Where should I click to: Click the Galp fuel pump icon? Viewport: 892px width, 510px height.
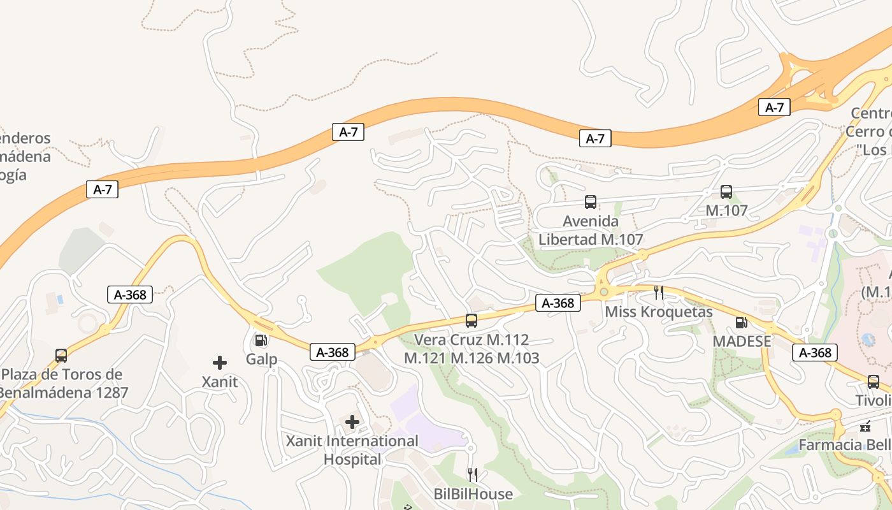pos(260,340)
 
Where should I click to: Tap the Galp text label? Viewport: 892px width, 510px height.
pos(261,359)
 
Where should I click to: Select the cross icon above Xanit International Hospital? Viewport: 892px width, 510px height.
pos(352,422)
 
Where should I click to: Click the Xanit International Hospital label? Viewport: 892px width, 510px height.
pos(352,449)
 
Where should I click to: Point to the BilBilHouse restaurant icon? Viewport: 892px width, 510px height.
pos(472,475)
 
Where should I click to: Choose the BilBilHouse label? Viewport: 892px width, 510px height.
pos(473,494)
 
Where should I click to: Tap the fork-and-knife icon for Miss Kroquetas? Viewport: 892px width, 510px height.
pos(659,293)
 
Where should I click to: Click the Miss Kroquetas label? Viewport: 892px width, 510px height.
pos(659,312)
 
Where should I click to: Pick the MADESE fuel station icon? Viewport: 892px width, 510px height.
pos(741,323)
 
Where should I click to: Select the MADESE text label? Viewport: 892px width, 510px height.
pos(742,341)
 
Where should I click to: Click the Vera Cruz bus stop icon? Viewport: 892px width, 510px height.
pos(471,321)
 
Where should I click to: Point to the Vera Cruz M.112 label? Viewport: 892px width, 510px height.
pos(471,349)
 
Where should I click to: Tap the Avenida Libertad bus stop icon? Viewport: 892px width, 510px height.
pos(591,202)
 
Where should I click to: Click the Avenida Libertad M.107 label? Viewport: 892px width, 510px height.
pos(591,230)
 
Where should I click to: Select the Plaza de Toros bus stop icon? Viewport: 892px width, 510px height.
pos(61,355)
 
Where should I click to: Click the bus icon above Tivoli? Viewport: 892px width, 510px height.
pos(874,382)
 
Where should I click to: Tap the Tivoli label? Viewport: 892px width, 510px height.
pos(874,400)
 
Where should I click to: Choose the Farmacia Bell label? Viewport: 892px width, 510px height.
pos(845,445)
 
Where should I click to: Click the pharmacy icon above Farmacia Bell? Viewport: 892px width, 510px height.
pos(865,426)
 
